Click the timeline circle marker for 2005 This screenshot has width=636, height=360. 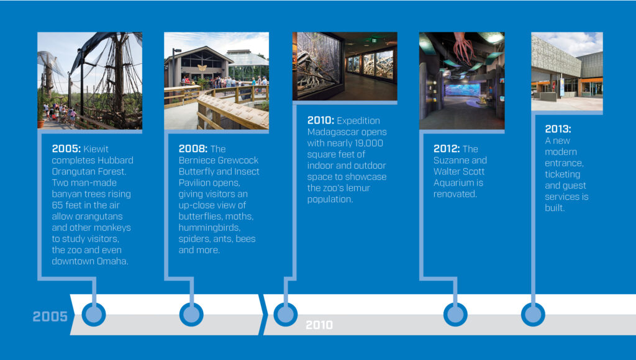coord(94,314)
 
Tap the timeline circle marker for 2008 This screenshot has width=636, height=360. coord(191,314)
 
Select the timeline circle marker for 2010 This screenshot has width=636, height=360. coord(286,314)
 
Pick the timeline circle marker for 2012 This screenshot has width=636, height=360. coord(455,314)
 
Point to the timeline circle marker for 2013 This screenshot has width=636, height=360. coord(533,314)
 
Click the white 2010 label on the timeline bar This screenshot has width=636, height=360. coord(319,325)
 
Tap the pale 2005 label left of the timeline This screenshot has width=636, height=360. coord(50,316)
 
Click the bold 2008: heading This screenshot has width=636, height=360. coord(193,149)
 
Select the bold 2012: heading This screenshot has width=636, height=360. coord(447,149)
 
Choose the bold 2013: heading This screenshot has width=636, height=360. coord(558,129)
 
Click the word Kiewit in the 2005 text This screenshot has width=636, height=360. coord(96,149)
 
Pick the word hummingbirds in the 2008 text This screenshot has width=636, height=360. coord(209,227)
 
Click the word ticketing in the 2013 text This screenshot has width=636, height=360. coord(563,174)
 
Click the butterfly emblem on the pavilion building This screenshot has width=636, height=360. coord(202,67)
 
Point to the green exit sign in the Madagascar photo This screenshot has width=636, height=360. coord(374,40)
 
